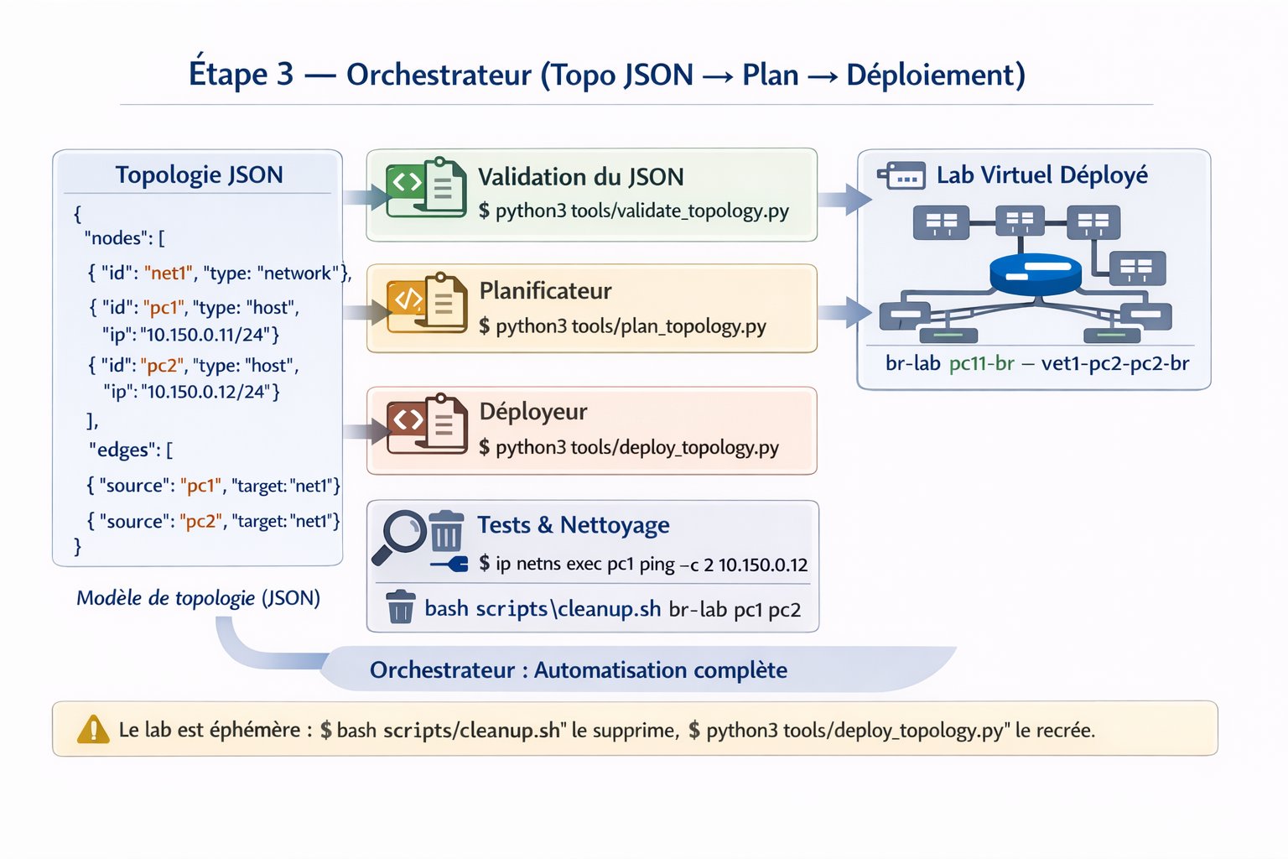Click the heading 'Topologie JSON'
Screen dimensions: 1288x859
pyautogui.click(x=199, y=174)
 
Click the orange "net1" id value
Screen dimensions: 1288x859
pyautogui.click(x=168, y=272)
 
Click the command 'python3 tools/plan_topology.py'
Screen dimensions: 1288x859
pyautogui.click(x=631, y=326)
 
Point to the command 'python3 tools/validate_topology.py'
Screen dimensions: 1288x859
pyautogui.click(x=642, y=211)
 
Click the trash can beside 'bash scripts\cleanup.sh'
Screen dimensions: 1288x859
pyautogui.click(x=400, y=607)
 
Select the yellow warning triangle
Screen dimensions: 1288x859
pyautogui.click(x=92, y=729)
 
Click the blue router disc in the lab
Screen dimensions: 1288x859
pyautogui.click(x=1036, y=274)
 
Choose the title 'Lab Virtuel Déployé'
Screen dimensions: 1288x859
pyautogui.click(x=1042, y=175)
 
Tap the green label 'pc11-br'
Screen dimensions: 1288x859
pyautogui.click(x=982, y=363)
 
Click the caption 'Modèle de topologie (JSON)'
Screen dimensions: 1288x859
pyautogui.click(x=199, y=598)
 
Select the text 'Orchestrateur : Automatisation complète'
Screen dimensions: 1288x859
pyautogui.click(x=578, y=670)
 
